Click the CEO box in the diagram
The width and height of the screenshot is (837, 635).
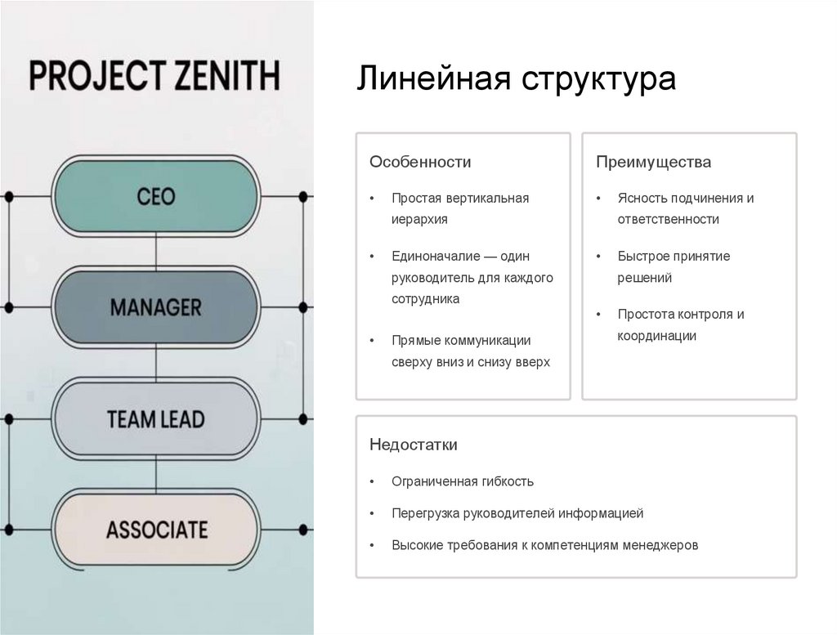pyautogui.click(x=156, y=197)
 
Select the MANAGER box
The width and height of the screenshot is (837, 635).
pyautogui.click(x=156, y=307)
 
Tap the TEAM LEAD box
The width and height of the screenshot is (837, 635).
pyautogui.click(x=156, y=419)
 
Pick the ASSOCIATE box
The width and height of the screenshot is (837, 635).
pyautogui.click(x=156, y=530)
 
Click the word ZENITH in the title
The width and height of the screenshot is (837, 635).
pyautogui.click(x=227, y=76)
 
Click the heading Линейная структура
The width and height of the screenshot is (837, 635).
pyautogui.click(x=517, y=79)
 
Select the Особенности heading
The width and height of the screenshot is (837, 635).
pyautogui.click(x=420, y=162)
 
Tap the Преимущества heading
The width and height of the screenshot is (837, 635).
pyautogui.click(x=653, y=162)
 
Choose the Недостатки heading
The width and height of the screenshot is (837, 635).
pyautogui.click(x=414, y=445)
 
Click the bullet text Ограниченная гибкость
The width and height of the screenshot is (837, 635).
pyautogui.click(x=463, y=481)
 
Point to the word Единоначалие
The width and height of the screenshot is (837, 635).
pyautogui.click(x=432, y=256)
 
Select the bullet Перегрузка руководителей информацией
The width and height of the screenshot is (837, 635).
pyautogui.click(x=517, y=513)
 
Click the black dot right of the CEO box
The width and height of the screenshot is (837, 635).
pyautogui.click(x=303, y=197)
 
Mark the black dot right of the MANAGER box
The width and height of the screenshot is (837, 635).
pyautogui.click(x=303, y=307)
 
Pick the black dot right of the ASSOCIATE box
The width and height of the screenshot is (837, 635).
pyautogui.click(x=303, y=530)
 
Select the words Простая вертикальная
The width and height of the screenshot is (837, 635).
pyautogui.click(x=460, y=198)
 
